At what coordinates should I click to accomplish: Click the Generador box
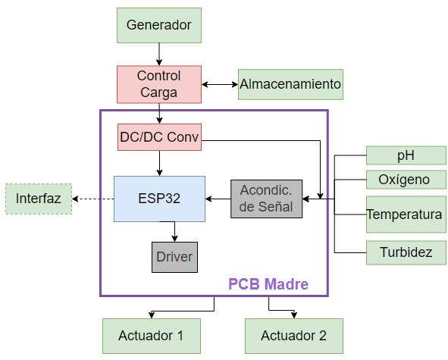click(x=158, y=25)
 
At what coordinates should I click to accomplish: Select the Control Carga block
click(x=158, y=84)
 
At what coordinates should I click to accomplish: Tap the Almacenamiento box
click(x=290, y=84)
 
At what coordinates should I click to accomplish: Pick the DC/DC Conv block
click(x=159, y=137)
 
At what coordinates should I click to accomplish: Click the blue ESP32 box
click(x=159, y=199)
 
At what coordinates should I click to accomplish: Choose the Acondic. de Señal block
click(x=266, y=199)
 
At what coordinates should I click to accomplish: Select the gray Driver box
click(x=174, y=257)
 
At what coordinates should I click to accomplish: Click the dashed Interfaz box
click(x=38, y=199)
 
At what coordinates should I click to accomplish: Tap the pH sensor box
click(x=406, y=155)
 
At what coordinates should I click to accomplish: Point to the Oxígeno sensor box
click(x=406, y=180)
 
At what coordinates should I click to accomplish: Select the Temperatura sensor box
click(x=406, y=214)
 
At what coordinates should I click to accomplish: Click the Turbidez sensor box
click(x=406, y=252)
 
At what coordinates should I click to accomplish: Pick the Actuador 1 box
click(x=151, y=336)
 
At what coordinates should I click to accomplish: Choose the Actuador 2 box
click(x=293, y=336)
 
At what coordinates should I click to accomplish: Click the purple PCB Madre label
click(x=268, y=285)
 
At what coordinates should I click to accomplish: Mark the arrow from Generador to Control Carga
click(x=158, y=54)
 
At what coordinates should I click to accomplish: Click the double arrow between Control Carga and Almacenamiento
click(x=219, y=84)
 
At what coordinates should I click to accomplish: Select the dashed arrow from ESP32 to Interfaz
click(x=92, y=199)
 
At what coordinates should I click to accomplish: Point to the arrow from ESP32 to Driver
click(x=174, y=232)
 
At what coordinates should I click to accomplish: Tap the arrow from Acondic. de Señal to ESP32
click(x=218, y=199)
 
